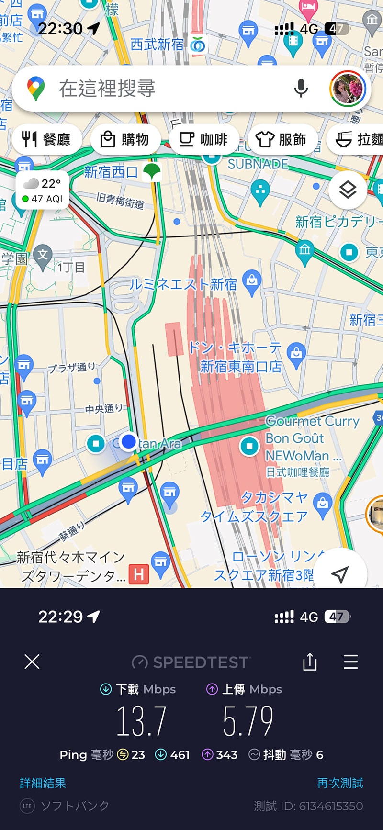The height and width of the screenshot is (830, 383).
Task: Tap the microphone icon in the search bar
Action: (x=301, y=88)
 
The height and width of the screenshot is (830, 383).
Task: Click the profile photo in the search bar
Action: (x=348, y=89)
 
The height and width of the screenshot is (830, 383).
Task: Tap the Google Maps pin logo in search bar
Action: (x=36, y=88)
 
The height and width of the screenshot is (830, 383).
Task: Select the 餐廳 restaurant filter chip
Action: (x=46, y=139)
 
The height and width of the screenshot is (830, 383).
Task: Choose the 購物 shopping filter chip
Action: (x=124, y=139)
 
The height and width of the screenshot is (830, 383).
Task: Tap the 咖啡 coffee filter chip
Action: (x=203, y=139)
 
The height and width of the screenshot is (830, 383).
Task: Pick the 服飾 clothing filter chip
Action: (x=281, y=139)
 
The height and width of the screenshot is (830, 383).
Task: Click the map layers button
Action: (x=348, y=190)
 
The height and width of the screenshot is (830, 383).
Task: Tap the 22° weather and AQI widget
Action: (x=42, y=191)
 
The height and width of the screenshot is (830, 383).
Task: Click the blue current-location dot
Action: (x=128, y=441)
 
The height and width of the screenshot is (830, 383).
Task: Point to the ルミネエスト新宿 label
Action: (x=183, y=284)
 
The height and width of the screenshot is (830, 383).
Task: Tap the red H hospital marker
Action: (x=139, y=574)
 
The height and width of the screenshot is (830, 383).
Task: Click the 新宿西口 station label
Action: (x=111, y=172)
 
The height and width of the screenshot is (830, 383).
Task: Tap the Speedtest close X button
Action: (x=32, y=662)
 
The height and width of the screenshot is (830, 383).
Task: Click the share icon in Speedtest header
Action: (x=310, y=662)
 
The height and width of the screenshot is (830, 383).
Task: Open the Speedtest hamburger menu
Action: (x=351, y=662)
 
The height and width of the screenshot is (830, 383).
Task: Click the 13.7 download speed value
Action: (x=142, y=721)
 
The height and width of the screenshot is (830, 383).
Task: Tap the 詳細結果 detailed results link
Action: (x=43, y=783)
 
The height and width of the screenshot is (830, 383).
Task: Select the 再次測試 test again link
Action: (x=340, y=783)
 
